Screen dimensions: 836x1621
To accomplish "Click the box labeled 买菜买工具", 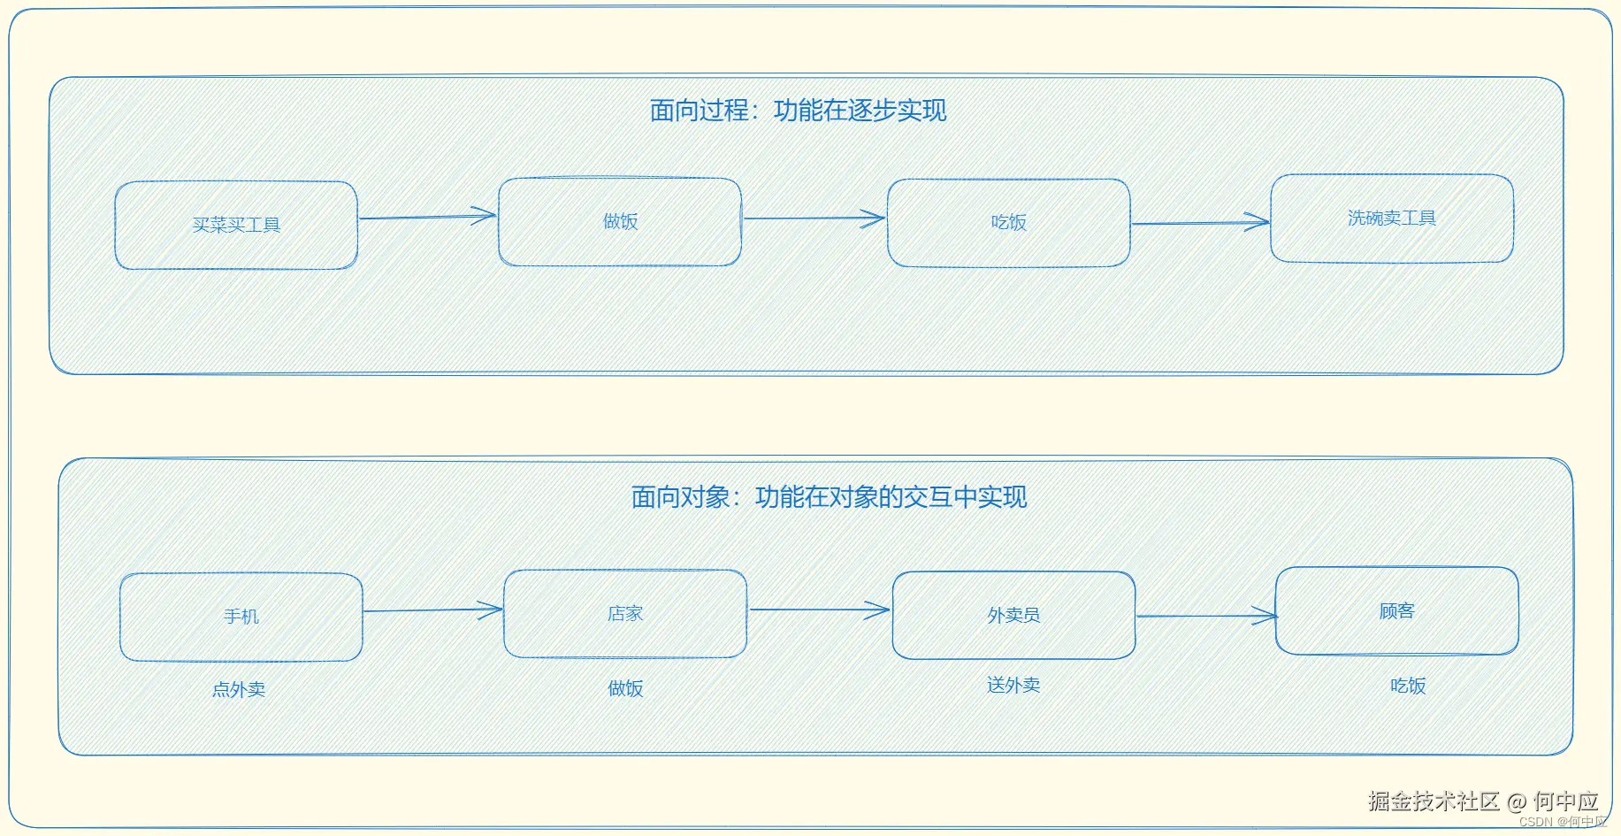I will pos(236,226).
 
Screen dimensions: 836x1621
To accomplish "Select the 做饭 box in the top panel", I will pos(620,222).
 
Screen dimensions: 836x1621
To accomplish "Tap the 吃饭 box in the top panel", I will pos(1008,223).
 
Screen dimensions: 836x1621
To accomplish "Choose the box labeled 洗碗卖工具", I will pos(1391,219).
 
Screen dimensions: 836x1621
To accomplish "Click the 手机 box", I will pos(241,617).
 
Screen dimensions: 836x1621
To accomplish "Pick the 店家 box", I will pos(624,614).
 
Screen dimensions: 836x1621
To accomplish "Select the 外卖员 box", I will pos(1013,616).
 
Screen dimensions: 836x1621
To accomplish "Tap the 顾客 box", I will pos(1396,611).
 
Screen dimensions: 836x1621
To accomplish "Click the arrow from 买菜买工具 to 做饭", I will pos(427,217).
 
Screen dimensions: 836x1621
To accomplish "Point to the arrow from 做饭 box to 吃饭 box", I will pos(814,219).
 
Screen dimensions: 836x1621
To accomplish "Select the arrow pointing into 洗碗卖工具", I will pos(1200,223).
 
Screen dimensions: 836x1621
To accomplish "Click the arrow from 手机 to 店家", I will pos(432,610).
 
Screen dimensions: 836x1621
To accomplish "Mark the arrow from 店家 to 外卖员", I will pos(819,610).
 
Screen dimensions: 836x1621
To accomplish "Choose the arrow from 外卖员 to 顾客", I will pos(1205,616).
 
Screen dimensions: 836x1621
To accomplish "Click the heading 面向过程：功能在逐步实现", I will pos(798,111).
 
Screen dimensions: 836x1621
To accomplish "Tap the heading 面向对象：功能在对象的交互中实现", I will pos(829,497).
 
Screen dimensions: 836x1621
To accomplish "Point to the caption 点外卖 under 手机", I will pos(239,689).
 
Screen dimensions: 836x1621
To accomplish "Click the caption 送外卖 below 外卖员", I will pos(1013,685).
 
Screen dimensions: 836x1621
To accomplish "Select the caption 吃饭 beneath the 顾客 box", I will pos(1407,686).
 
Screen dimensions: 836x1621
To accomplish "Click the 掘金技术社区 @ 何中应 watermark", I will pos(1482,801).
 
